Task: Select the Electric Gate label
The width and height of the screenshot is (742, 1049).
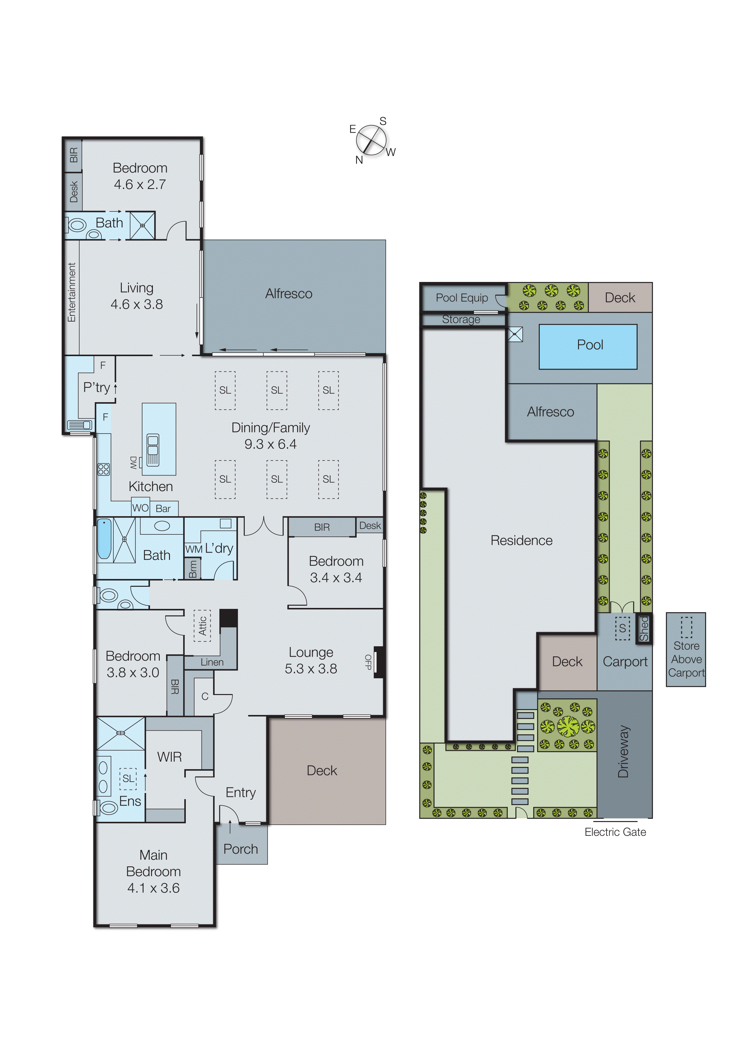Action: click(x=615, y=832)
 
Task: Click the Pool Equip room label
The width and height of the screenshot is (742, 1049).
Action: click(x=462, y=298)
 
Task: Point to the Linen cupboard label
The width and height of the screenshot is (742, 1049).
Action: click(x=212, y=662)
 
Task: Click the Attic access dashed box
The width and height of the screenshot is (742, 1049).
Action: click(x=202, y=626)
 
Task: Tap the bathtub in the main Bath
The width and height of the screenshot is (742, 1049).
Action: click(x=104, y=539)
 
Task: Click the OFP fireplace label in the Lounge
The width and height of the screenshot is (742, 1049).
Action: click(x=368, y=661)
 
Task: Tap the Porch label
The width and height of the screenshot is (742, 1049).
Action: click(x=241, y=849)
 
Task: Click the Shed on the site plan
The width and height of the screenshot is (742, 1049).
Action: click(x=644, y=629)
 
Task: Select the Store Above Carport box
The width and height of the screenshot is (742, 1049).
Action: click(x=686, y=649)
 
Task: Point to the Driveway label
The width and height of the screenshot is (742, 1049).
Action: click(x=624, y=751)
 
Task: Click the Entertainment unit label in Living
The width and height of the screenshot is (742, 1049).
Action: click(x=72, y=292)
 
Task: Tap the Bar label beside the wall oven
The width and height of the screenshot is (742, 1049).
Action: click(x=163, y=509)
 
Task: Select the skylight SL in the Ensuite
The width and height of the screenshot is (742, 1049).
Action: click(x=128, y=778)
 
